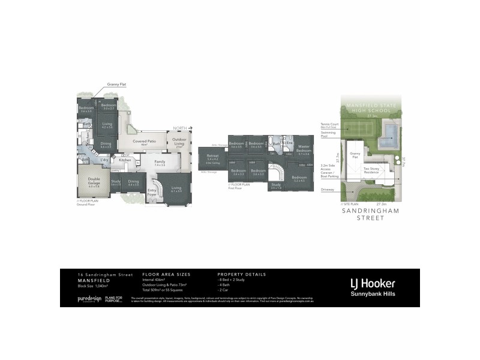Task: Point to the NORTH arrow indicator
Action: click(181, 128)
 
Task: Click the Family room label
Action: click(160, 163)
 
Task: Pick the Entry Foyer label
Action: click(152, 193)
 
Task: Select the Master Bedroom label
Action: click(303, 150)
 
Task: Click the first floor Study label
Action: click(275, 186)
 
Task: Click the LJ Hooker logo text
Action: click(372, 282)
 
